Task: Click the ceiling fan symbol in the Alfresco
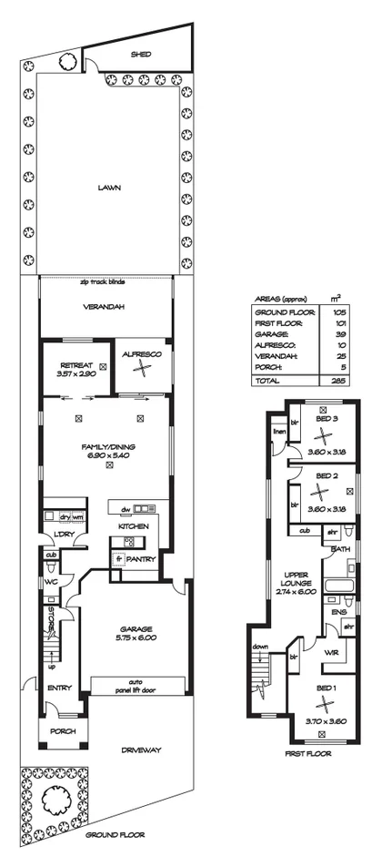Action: point(141,368)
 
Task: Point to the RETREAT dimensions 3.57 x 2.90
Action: point(75,373)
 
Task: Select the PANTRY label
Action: point(140,559)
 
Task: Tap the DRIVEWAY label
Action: point(141,750)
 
